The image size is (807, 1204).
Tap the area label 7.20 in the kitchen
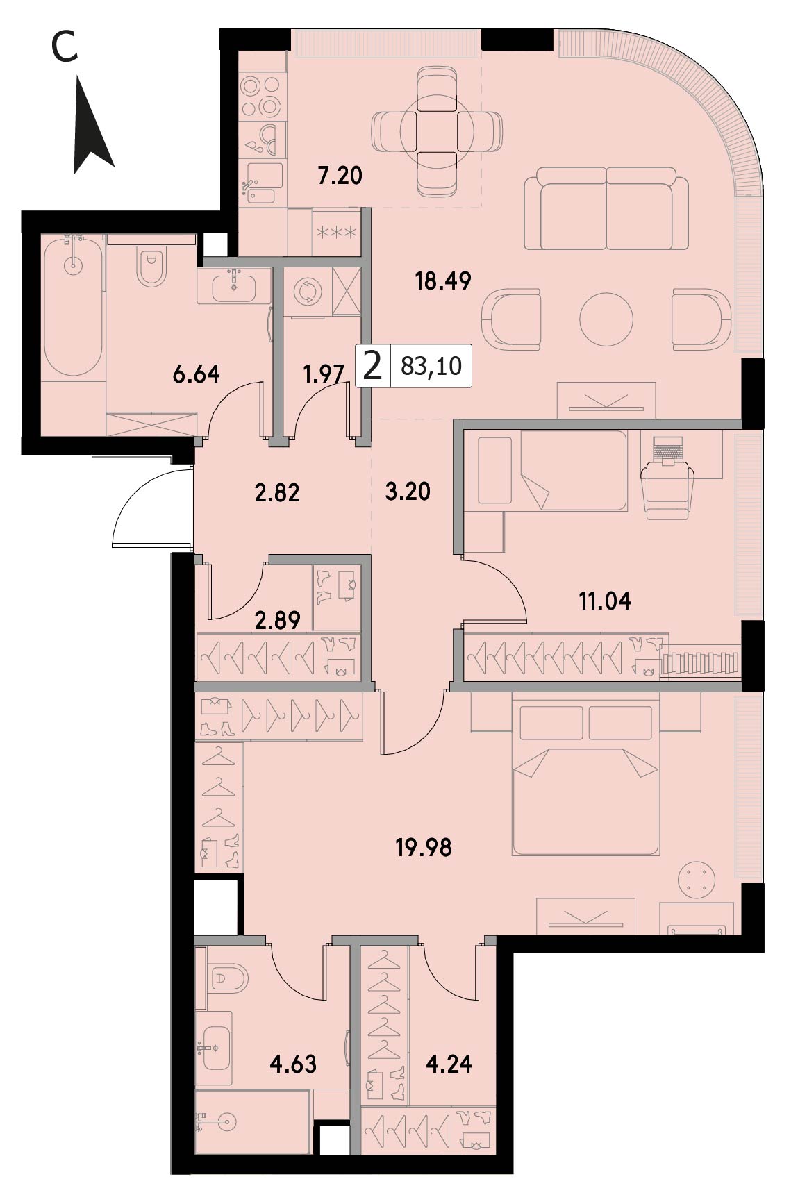(x=340, y=176)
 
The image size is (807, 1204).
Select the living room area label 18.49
(x=442, y=281)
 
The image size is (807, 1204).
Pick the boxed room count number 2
(x=373, y=365)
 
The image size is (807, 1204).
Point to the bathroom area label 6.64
(x=196, y=374)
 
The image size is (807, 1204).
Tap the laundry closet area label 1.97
(x=324, y=375)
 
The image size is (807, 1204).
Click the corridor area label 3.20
(x=408, y=492)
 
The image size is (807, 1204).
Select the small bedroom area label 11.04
(x=605, y=601)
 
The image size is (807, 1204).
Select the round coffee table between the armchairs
(x=606, y=319)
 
